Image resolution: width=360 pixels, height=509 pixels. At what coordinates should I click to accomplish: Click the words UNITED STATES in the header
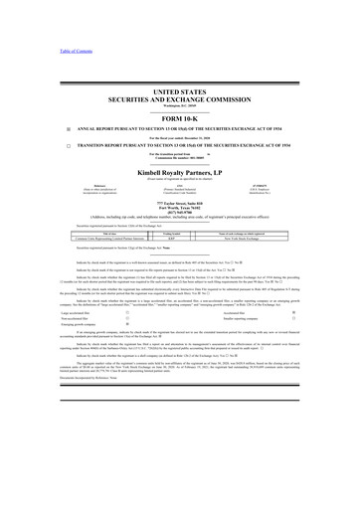[x=180, y=91]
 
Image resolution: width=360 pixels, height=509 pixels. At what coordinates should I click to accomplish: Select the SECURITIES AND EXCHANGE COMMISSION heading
[x=180, y=99]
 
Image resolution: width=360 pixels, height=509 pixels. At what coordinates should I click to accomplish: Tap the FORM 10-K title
[x=180, y=120]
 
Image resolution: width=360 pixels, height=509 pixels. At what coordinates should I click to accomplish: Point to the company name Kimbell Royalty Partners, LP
[x=180, y=170]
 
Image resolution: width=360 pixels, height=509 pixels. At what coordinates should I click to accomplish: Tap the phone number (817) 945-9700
[x=180, y=209]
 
